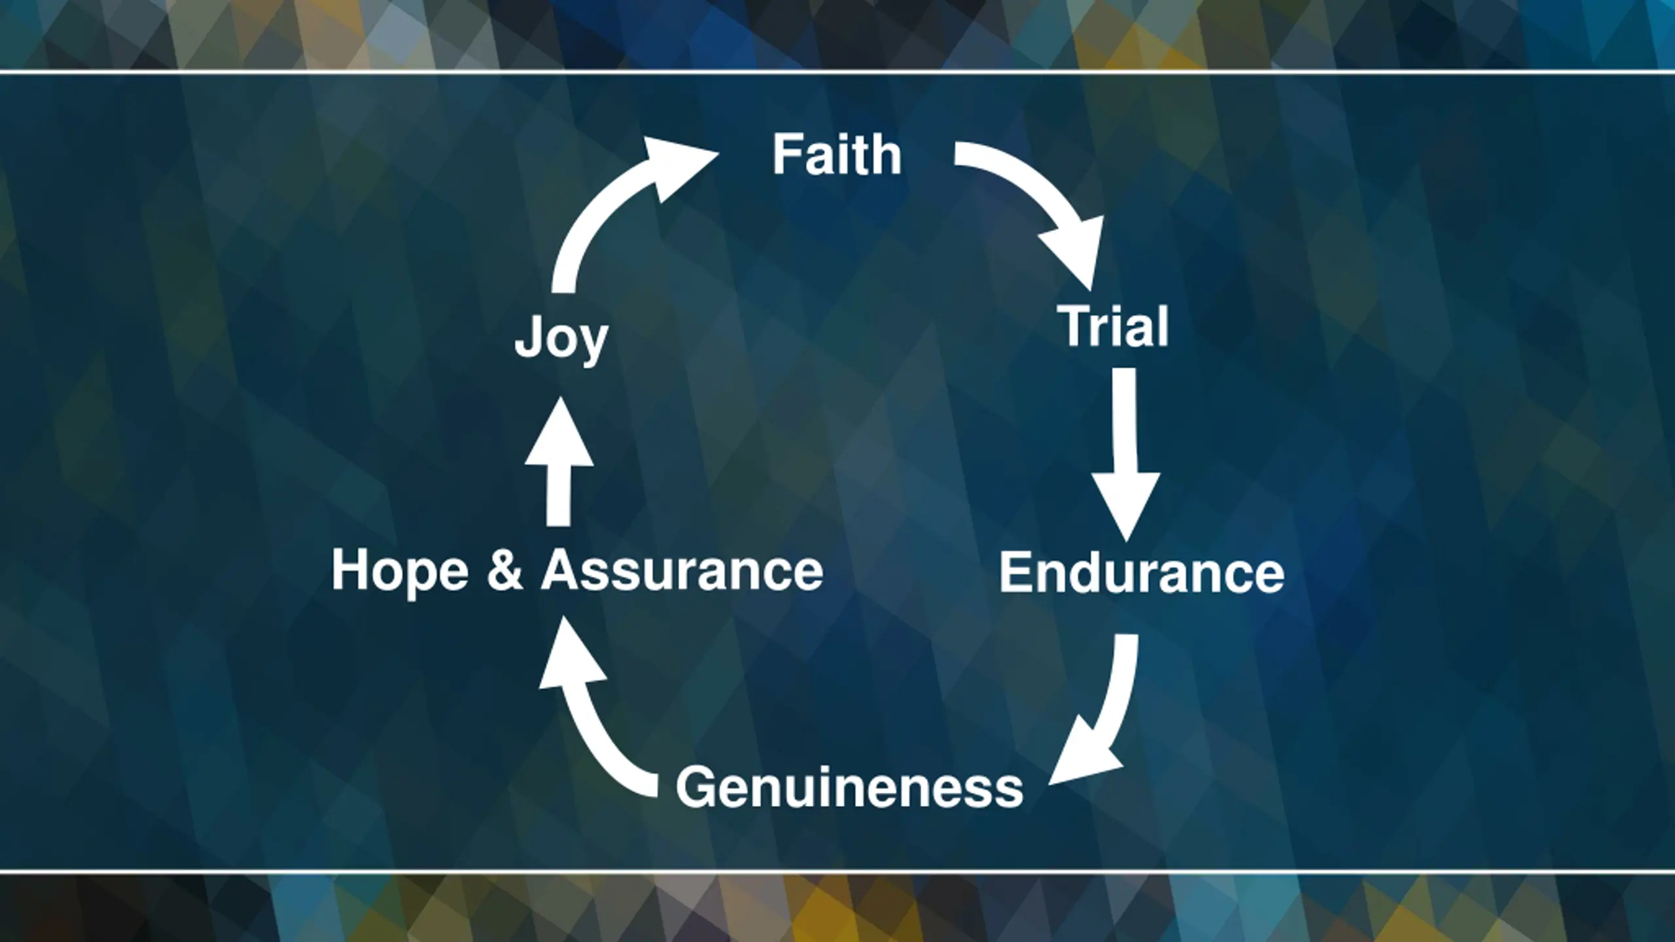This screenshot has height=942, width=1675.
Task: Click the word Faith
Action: pos(837,155)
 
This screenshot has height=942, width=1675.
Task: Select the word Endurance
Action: pos(1142,572)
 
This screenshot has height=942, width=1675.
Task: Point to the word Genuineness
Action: pos(849,788)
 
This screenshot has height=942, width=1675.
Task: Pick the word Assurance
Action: pos(682,570)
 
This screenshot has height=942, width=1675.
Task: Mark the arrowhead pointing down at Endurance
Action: pos(1126,504)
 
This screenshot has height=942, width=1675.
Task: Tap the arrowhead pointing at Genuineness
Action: pos(1080,759)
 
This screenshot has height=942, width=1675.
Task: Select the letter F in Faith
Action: pos(786,155)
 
